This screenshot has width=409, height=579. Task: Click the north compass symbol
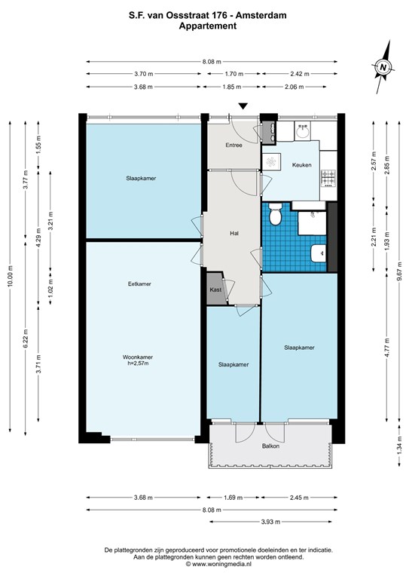(x=383, y=67)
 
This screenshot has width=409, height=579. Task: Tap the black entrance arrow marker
(x=243, y=106)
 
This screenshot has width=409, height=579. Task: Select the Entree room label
(x=233, y=145)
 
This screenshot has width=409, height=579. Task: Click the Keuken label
(x=302, y=165)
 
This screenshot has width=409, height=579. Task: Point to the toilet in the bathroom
(x=275, y=214)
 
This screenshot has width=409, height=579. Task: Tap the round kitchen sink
(x=303, y=131)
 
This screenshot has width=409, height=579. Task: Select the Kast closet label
(x=215, y=289)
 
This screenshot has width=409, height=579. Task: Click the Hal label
(x=233, y=234)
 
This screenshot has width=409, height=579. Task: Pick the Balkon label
(x=270, y=446)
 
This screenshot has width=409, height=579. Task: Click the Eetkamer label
(x=139, y=284)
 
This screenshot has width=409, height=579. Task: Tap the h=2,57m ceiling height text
(x=138, y=363)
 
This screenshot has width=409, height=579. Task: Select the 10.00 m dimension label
(x=10, y=276)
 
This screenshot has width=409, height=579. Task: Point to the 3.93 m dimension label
(x=270, y=522)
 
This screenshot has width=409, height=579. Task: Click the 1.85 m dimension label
(x=231, y=87)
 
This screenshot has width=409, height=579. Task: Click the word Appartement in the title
(x=208, y=26)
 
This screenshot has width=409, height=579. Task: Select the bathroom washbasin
(x=319, y=253)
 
